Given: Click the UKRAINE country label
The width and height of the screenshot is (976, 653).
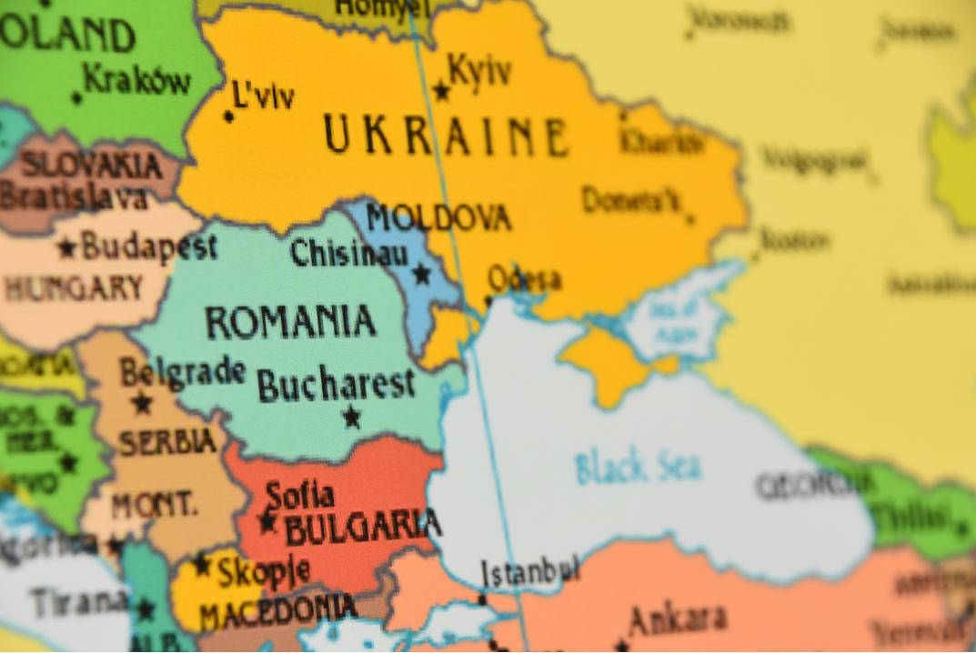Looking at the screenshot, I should (x=446, y=137).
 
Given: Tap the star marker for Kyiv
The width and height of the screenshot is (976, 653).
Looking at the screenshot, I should (x=441, y=91).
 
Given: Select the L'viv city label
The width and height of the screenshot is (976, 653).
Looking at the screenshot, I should (x=263, y=95).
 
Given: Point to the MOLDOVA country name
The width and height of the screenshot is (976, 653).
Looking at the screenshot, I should (x=438, y=218).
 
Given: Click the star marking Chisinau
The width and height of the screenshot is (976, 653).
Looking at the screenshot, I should (x=421, y=274).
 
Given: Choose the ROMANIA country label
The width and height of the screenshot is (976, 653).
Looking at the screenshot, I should (x=290, y=323).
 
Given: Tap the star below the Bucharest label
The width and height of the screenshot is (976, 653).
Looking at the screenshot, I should (x=351, y=417).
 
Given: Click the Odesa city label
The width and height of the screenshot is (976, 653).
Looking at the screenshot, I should (x=524, y=278).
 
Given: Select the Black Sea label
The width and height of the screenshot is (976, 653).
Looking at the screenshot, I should (x=638, y=467).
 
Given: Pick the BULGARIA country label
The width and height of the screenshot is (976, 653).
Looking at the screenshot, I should (x=362, y=526).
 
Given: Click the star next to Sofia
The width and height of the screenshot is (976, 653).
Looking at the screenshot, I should (x=267, y=522).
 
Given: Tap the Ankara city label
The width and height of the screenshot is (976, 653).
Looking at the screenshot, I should (x=677, y=620).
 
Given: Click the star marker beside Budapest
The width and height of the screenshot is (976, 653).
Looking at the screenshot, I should (x=67, y=247).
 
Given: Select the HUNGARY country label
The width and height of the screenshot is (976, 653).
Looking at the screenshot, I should (x=74, y=289).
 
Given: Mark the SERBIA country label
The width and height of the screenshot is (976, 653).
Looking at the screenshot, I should (x=167, y=442).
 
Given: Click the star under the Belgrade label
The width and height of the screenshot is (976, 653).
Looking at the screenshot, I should (x=141, y=402).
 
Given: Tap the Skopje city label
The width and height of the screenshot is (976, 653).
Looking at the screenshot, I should (x=263, y=571).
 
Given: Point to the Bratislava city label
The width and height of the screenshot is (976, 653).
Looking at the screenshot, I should (x=73, y=197).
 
